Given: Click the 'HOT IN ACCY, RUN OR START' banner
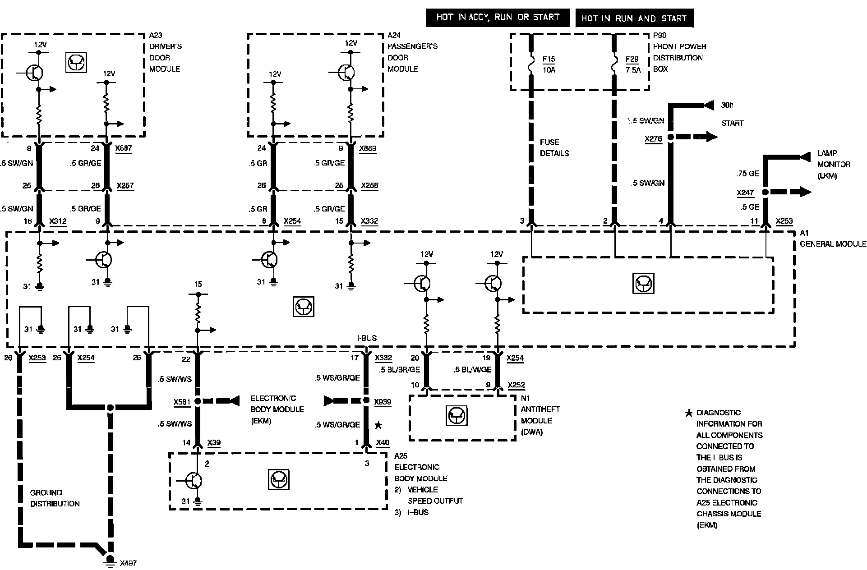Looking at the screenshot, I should coord(498,18).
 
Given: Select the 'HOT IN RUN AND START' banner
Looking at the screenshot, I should coord(634,18).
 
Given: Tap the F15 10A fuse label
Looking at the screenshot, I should coord(549,64).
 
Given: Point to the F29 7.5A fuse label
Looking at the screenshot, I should coord(632,64).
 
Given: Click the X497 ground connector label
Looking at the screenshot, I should coord(128,563).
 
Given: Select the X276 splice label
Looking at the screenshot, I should coord(653,139).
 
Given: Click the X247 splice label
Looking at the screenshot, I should coord(745,193).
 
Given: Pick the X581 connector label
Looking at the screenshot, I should coord(182,402).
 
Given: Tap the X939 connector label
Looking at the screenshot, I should coord(383,402).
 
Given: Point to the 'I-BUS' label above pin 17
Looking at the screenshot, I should coord(366,338).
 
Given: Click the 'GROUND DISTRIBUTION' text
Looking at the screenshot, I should coord(55,498).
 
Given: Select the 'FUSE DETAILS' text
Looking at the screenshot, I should coord(554,147).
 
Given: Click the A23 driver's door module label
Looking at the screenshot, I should coord(165,52).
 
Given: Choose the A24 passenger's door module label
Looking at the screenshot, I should coord(412,52).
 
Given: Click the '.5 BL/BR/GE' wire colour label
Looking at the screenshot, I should coord(400,370).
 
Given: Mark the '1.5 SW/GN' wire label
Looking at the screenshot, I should coord(646,121).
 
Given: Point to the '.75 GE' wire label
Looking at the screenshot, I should coord(747,174).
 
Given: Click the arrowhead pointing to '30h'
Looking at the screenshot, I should coord(709,106).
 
